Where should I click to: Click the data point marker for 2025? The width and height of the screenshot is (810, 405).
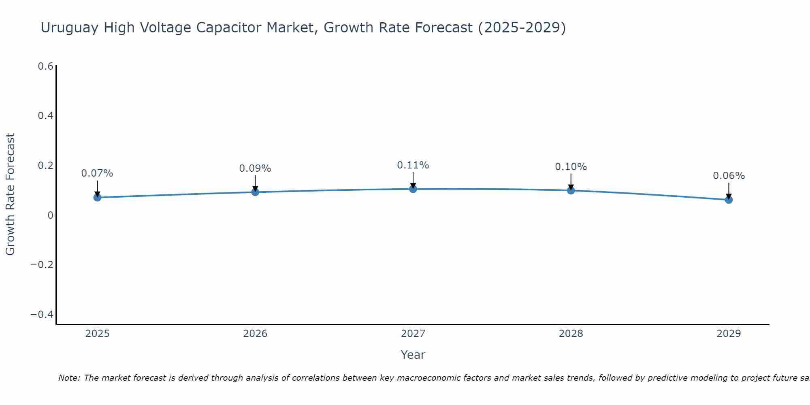click(97, 197)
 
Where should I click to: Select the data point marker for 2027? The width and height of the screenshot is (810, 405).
click(413, 189)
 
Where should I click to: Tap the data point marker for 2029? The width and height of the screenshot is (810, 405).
click(729, 200)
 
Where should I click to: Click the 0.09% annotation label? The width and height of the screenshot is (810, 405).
click(255, 168)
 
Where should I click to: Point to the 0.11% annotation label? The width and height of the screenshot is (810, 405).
click(413, 165)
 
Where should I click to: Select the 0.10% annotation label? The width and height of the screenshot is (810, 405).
click(571, 167)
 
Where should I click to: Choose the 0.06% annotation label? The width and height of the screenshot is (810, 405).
click(729, 176)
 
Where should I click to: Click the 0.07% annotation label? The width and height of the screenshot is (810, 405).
click(97, 173)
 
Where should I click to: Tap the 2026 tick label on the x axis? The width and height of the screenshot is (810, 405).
click(255, 334)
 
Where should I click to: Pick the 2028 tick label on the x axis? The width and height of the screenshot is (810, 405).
click(571, 334)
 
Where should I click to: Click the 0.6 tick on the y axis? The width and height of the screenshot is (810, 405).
click(45, 66)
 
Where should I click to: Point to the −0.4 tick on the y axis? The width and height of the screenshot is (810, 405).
click(42, 315)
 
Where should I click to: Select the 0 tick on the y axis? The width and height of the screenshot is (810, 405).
click(50, 215)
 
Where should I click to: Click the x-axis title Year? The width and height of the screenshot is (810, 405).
click(413, 355)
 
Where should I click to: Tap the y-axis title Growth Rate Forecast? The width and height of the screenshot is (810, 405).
click(10, 194)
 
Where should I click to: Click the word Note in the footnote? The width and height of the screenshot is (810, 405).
click(69, 378)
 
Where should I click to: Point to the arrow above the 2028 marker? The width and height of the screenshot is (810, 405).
click(571, 182)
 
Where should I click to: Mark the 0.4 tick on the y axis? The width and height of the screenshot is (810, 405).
click(45, 116)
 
